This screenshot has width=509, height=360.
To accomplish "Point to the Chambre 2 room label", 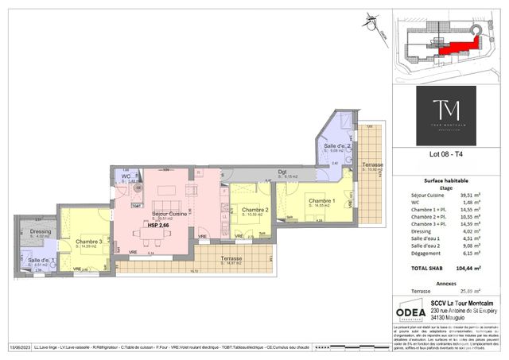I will point(255,209).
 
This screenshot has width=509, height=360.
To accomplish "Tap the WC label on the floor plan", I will point(126,176).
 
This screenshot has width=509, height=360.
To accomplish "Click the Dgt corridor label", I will point(282,172).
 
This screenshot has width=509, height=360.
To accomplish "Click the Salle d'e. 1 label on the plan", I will point(41,260).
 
